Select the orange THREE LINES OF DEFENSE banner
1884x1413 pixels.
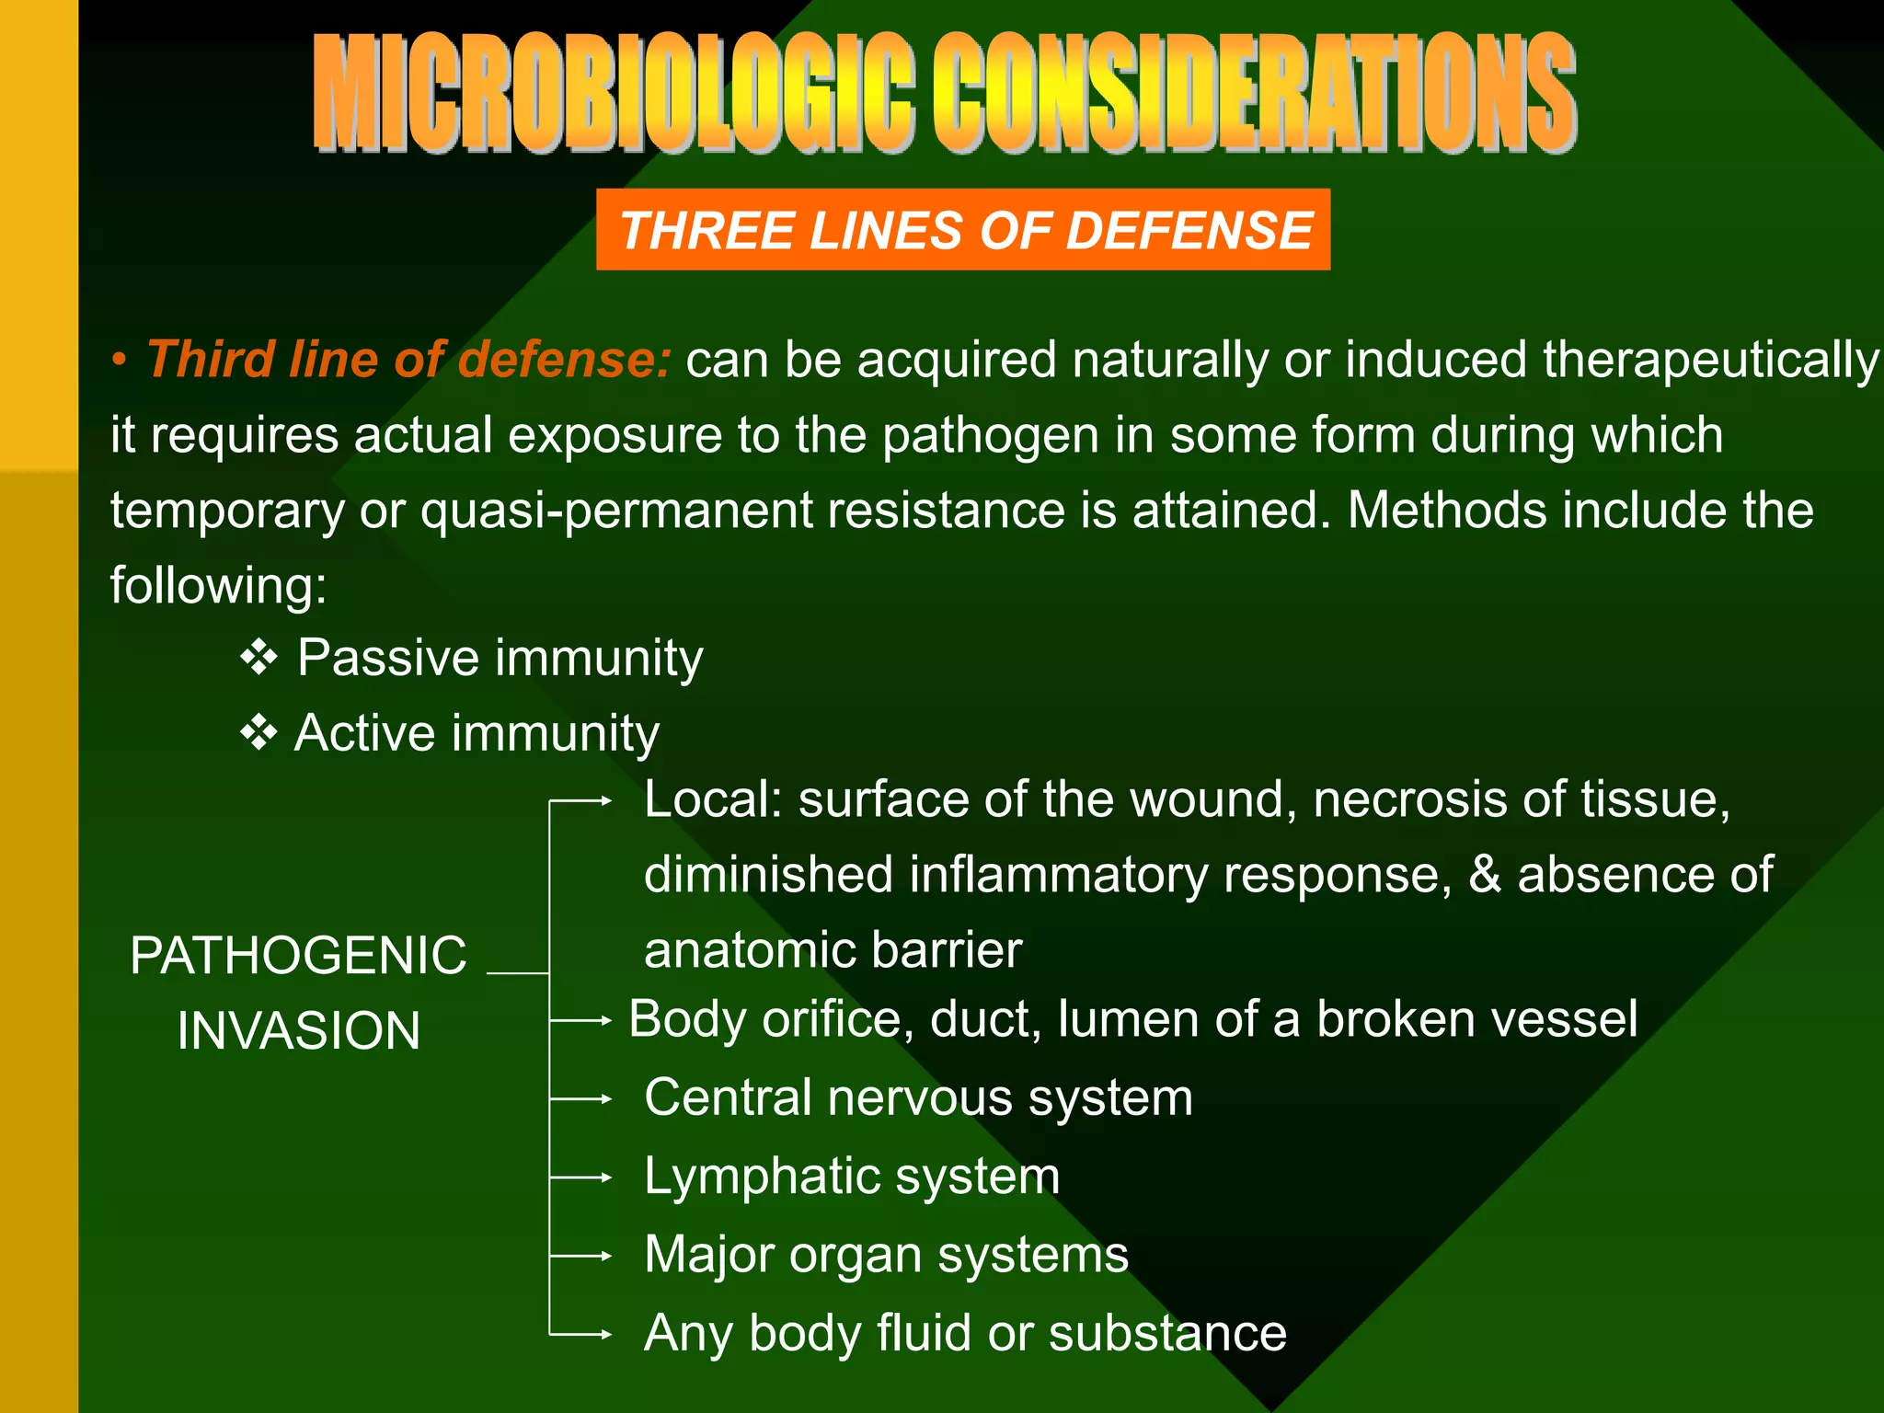963,229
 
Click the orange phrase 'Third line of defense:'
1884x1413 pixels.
409,359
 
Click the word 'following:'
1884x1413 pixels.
218,585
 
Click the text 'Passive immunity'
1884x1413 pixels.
500,659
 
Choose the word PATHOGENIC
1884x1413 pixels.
298,955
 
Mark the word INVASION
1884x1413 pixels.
298,1030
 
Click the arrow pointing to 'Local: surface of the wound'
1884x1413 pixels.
581,801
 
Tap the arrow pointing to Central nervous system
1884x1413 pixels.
581,1098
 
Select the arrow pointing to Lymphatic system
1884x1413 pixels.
581,1177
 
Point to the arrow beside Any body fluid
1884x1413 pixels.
581,1334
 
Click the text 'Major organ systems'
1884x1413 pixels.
886,1255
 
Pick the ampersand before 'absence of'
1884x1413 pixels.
1484,874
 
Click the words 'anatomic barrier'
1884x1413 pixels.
833,950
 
